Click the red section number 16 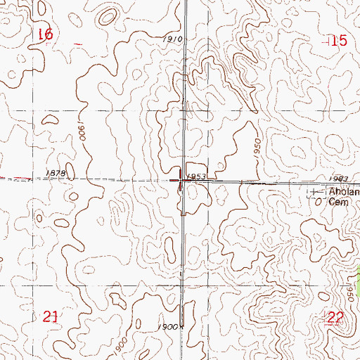46,34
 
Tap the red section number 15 338,41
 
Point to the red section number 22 335,319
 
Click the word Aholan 344,191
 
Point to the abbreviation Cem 339,200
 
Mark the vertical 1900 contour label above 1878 82,132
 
